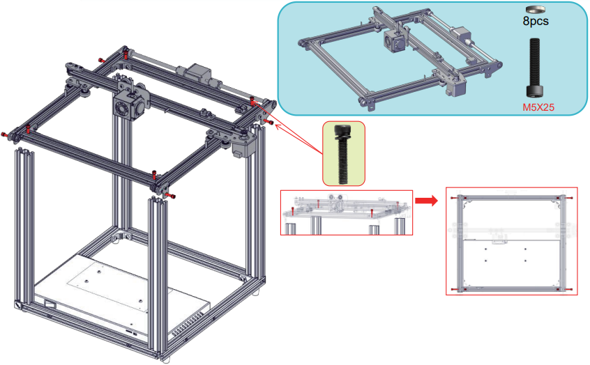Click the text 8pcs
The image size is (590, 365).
click(x=536, y=21)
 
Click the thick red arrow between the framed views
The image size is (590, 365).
click(x=426, y=201)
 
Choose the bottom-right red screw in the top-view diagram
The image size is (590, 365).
click(x=571, y=288)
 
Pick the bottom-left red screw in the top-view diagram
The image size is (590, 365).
click(x=455, y=288)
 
